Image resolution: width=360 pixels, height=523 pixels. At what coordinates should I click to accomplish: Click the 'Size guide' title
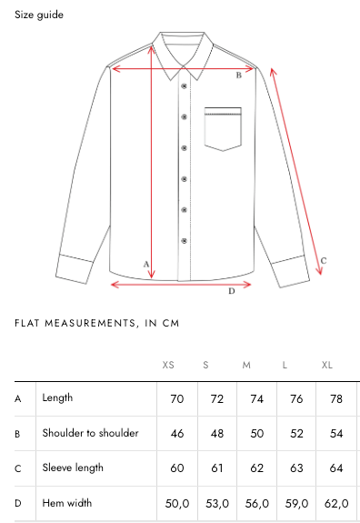pyautogui.click(x=39, y=15)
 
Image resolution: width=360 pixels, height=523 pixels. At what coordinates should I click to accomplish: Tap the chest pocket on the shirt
pyautogui.click(x=223, y=129)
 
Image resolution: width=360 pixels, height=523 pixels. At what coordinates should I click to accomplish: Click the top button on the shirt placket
pyautogui.click(x=184, y=86)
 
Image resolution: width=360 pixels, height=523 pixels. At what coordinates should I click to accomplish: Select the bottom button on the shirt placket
pyautogui.click(x=184, y=241)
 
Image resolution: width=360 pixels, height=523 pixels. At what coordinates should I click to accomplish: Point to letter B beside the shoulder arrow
pyautogui.click(x=239, y=75)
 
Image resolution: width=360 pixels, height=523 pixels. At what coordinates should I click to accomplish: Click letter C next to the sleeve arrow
pyautogui.click(x=324, y=261)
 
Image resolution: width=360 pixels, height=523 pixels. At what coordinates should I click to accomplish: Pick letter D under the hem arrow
pyautogui.click(x=232, y=291)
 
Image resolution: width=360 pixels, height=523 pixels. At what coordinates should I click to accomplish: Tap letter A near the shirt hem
pyautogui.click(x=146, y=265)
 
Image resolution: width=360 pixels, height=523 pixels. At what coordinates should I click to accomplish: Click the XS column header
pyautogui.click(x=168, y=365)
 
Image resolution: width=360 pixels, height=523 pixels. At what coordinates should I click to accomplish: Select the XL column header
pyautogui.click(x=327, y=365)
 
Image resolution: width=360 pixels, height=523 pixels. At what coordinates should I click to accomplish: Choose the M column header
pyautogui.click(x=246, y=365)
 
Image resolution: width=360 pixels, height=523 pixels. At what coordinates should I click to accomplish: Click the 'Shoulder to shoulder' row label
pyautogui.click(x=90, y=433)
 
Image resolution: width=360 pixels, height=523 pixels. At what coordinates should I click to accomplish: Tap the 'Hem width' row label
pyautogui.click(x=67, y=503)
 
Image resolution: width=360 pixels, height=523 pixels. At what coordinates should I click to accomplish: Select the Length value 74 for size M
pyautogui.click(x=256, y=399)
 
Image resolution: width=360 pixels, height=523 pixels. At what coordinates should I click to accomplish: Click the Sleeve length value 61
pyautogui.click(x=216, y=468)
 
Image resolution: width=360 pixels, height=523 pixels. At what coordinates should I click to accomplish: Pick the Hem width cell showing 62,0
pyautogui.click(x=336, y=503)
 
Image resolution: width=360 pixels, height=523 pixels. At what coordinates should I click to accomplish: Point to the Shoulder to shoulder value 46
pyautogui.click(x=177, y=434)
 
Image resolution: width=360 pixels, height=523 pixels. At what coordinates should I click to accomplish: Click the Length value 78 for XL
pyautogui.click(x=336, y=399)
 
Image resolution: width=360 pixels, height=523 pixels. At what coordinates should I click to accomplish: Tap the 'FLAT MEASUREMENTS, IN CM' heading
pyautogui.click(x=97, y=323)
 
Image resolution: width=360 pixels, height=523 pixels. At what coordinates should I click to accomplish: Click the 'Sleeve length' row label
pyautogui.click(x=73, y=468)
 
